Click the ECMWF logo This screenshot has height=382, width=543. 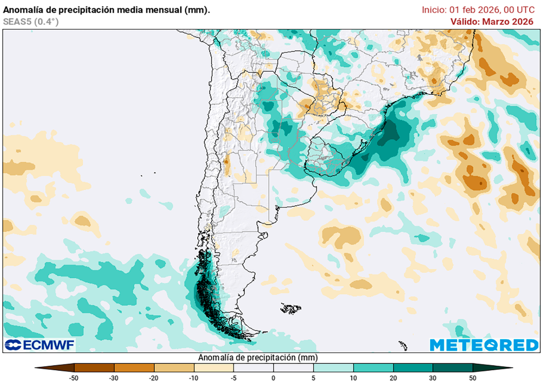click(40, 345)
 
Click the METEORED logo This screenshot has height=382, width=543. click(484, 345)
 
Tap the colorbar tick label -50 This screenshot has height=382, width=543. click(75, 377)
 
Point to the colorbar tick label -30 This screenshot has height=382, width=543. click(115, 377)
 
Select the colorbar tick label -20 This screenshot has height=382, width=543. click(154, 377)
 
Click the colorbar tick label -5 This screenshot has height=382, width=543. click(233, 377)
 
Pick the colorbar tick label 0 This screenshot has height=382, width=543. click(274, 377)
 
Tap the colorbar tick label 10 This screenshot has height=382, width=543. click(353, 377)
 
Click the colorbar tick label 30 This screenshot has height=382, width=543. click(433, 377)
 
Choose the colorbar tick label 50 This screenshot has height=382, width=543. click(472, 377)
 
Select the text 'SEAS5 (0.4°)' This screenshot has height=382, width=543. click(30, 22)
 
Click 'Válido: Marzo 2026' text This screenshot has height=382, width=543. click(492, 22)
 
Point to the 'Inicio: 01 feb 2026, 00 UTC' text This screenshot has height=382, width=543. click(478, 10)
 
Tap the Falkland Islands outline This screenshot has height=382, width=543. click(291, 308)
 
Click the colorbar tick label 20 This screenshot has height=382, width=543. click(393, 377)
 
